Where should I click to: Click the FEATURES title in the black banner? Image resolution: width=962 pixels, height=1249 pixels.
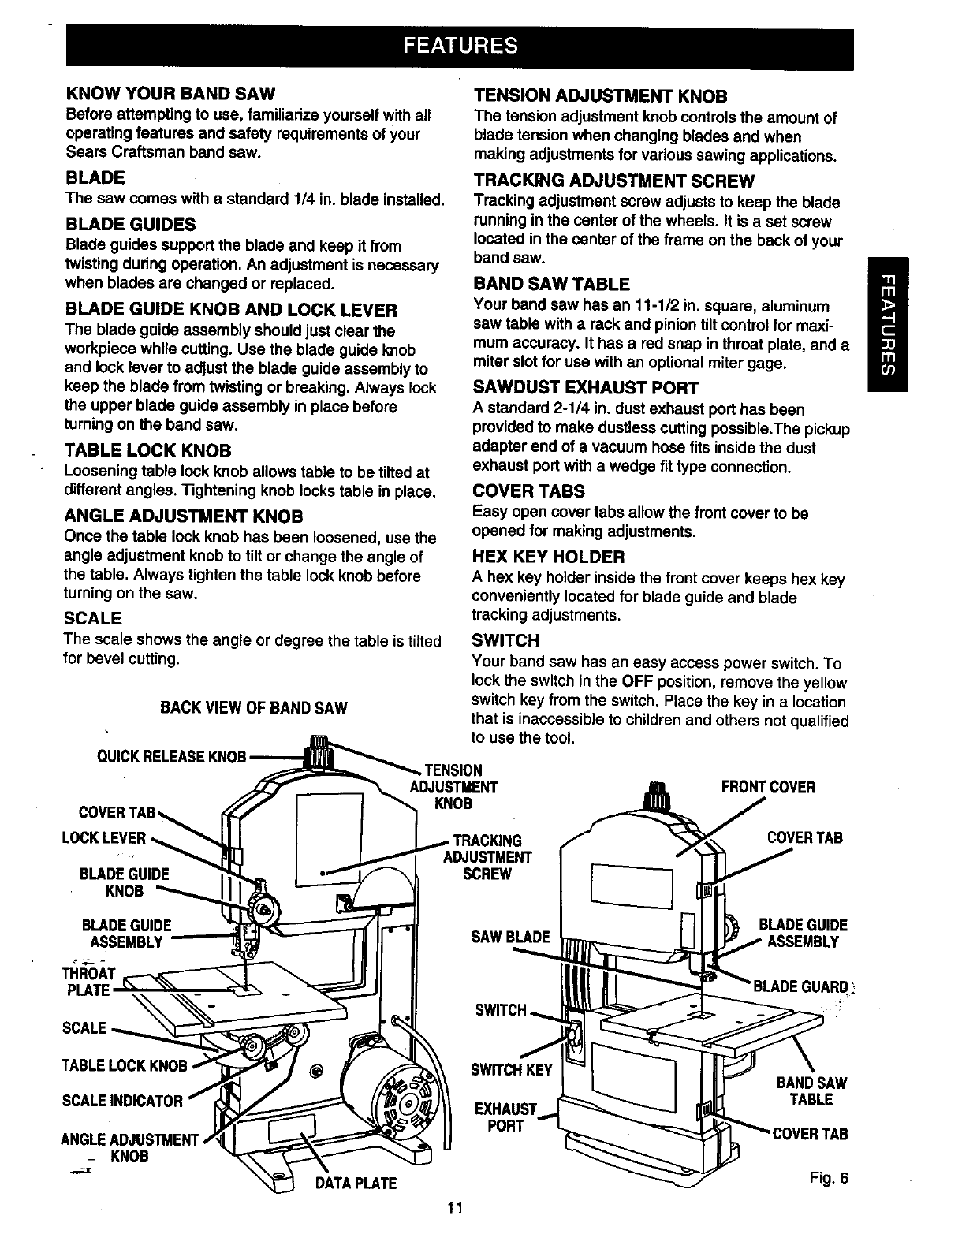click(460, 44)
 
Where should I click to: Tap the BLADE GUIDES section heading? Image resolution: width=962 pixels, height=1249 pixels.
click(131, 224)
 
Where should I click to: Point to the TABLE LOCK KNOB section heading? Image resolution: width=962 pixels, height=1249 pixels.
click(147, 450)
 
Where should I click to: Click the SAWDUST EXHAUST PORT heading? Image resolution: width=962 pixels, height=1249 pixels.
click(585, 387)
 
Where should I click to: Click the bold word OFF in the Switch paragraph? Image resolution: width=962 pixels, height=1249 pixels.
click(636, 682)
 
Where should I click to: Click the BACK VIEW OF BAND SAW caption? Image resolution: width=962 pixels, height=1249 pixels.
click(253, 707)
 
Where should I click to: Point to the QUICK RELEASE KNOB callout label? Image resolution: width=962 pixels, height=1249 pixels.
click(171, 757)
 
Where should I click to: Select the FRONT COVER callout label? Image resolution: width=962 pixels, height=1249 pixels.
click(768, 787)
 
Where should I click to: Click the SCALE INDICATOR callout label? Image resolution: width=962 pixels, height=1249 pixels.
click(122, 1100)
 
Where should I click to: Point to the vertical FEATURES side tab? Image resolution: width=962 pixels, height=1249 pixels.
click(886, 324)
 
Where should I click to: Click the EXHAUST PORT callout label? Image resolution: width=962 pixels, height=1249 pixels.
click(505, 1118)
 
